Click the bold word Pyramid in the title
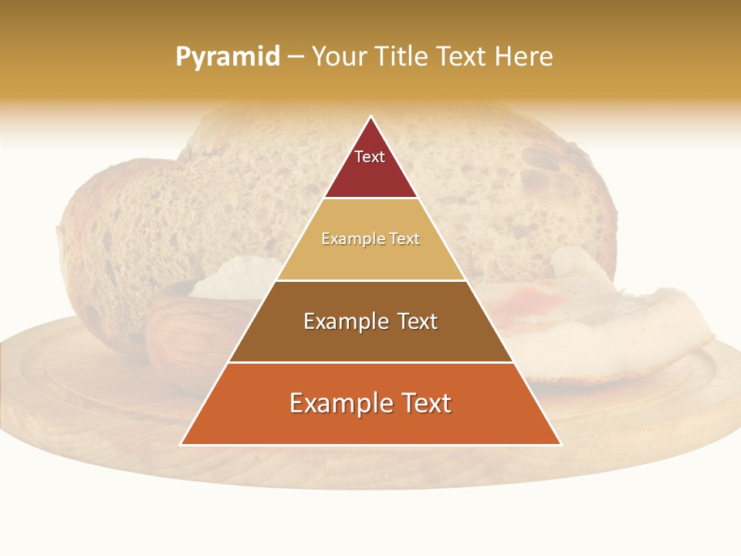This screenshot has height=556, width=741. pos(228,57)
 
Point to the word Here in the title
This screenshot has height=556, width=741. pos(524,57)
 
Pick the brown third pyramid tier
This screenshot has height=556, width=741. pos(370,340)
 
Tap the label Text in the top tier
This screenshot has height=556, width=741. pos(370,157)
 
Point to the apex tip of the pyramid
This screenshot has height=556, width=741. pos(371,117)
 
